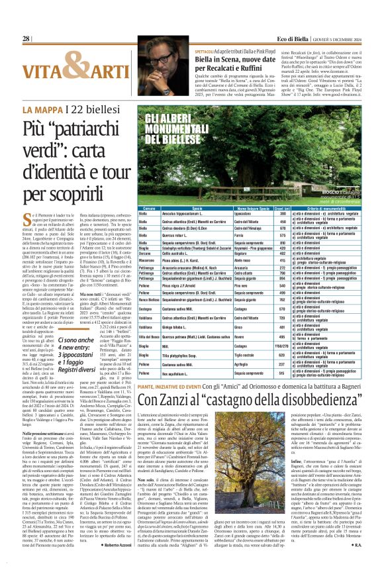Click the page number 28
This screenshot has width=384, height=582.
(26, 39)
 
